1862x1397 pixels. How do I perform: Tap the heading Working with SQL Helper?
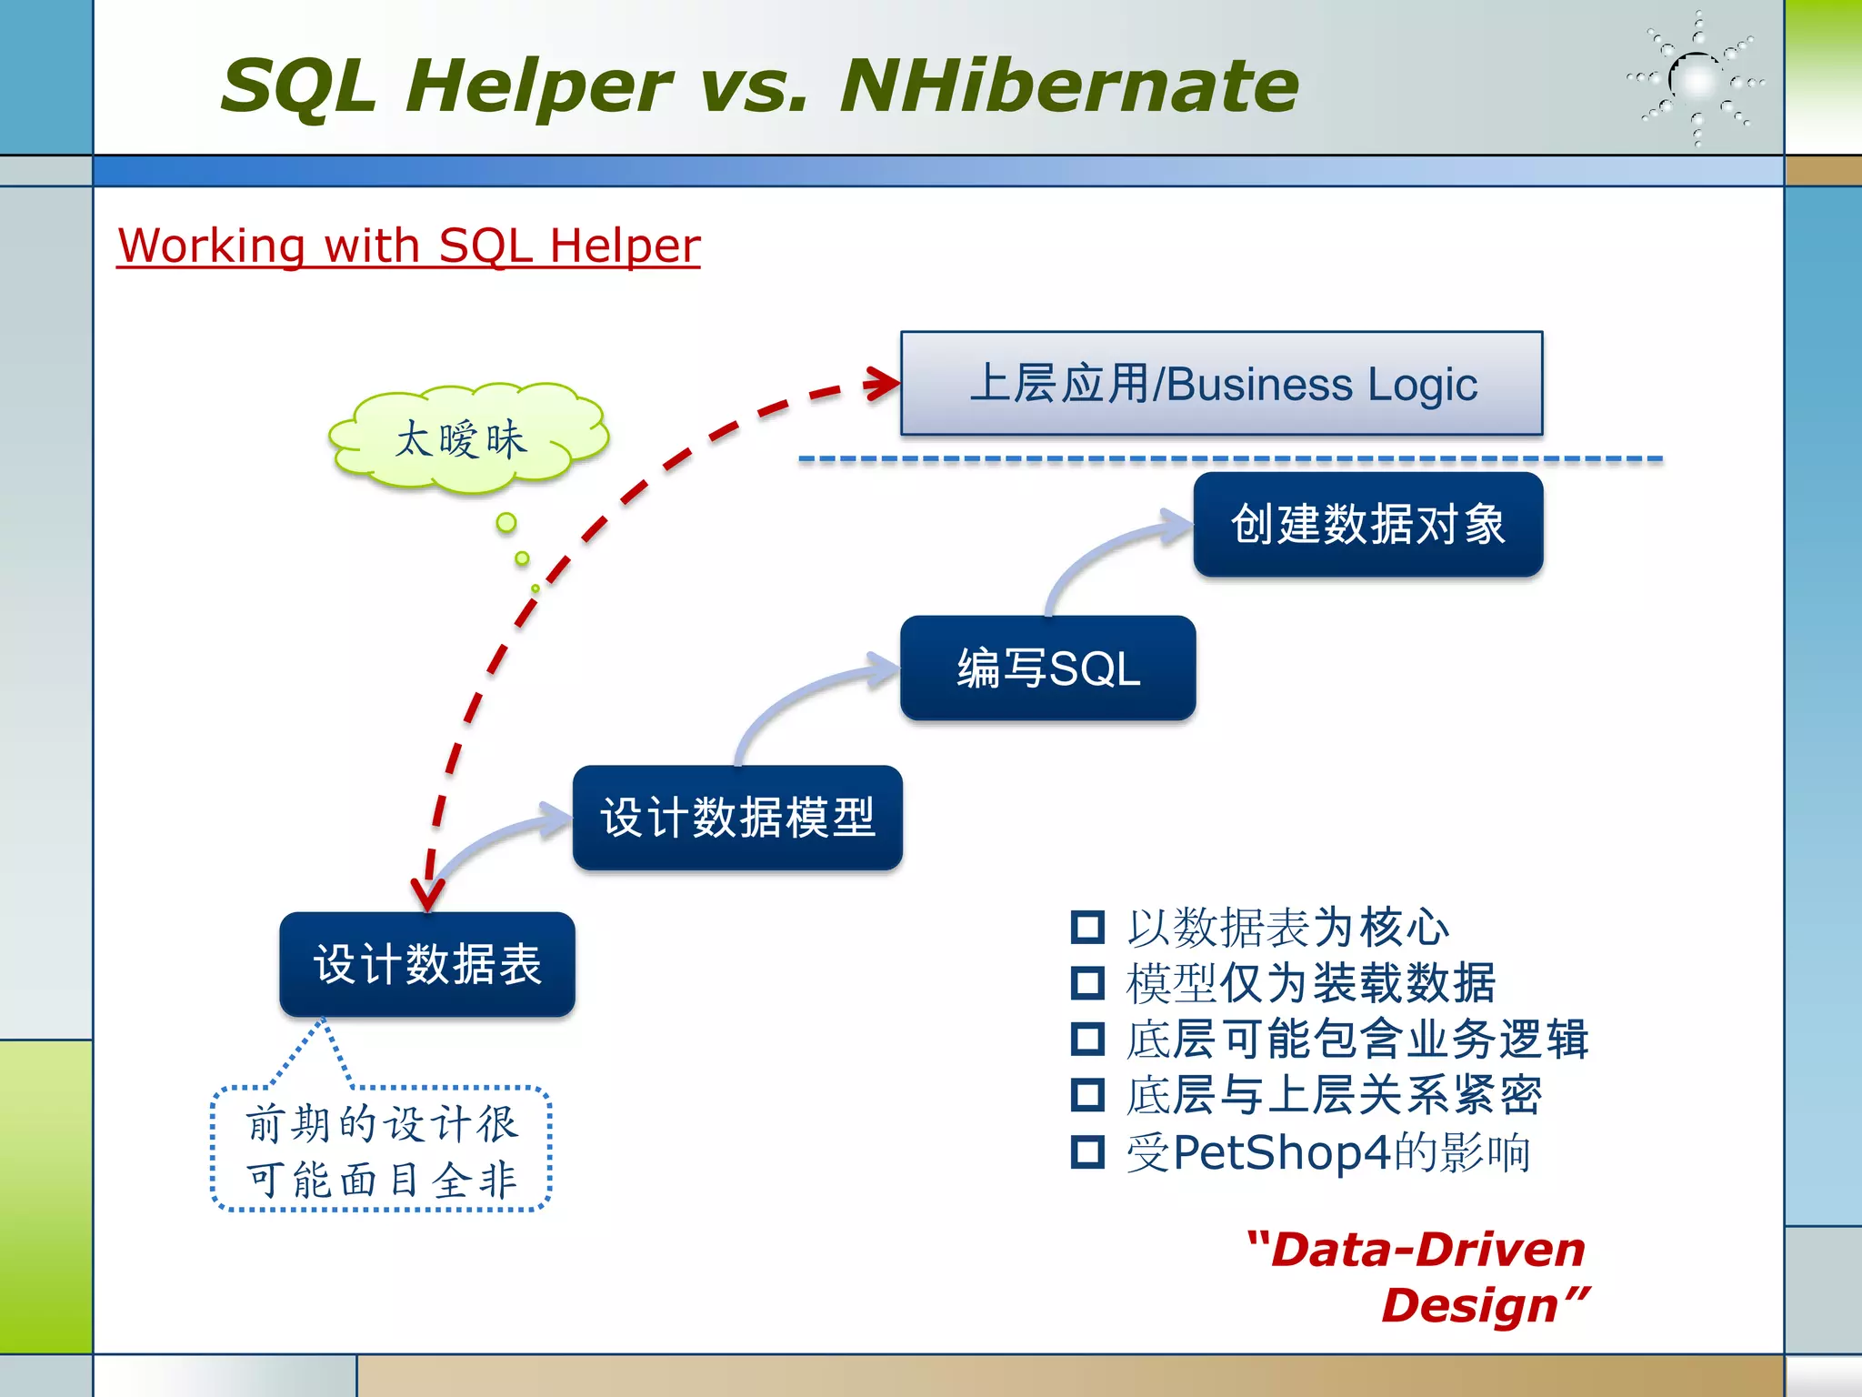(x=409, y=246)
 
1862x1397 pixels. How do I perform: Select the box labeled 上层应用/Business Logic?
(x=1221, y=383)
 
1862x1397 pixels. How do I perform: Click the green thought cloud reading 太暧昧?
(x=464, y=439)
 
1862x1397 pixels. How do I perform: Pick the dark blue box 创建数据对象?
(x=1367, y=525)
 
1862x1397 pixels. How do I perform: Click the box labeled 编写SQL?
(x=1047, y=668)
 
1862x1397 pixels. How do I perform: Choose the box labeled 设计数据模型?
(x=737, y=818)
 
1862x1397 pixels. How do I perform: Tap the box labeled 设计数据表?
(x=427, y=964)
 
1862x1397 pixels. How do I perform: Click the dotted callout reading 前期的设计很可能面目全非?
(x=382, y=1150)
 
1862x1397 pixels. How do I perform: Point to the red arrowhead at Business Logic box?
(x=882, y=383)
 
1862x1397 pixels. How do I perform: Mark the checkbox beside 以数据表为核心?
(x=1087, y=927)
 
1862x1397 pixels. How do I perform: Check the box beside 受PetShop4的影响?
(x=1087, y=1151)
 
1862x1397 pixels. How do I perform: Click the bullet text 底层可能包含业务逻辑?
(x=1356, y=1040)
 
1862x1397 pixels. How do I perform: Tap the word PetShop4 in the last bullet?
(x=1282, y=1152)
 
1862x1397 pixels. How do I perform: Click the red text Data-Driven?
(x=1427, y=1250)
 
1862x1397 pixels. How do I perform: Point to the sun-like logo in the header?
(x=1697, y=80)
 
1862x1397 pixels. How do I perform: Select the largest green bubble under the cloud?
(x=506, y=522)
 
